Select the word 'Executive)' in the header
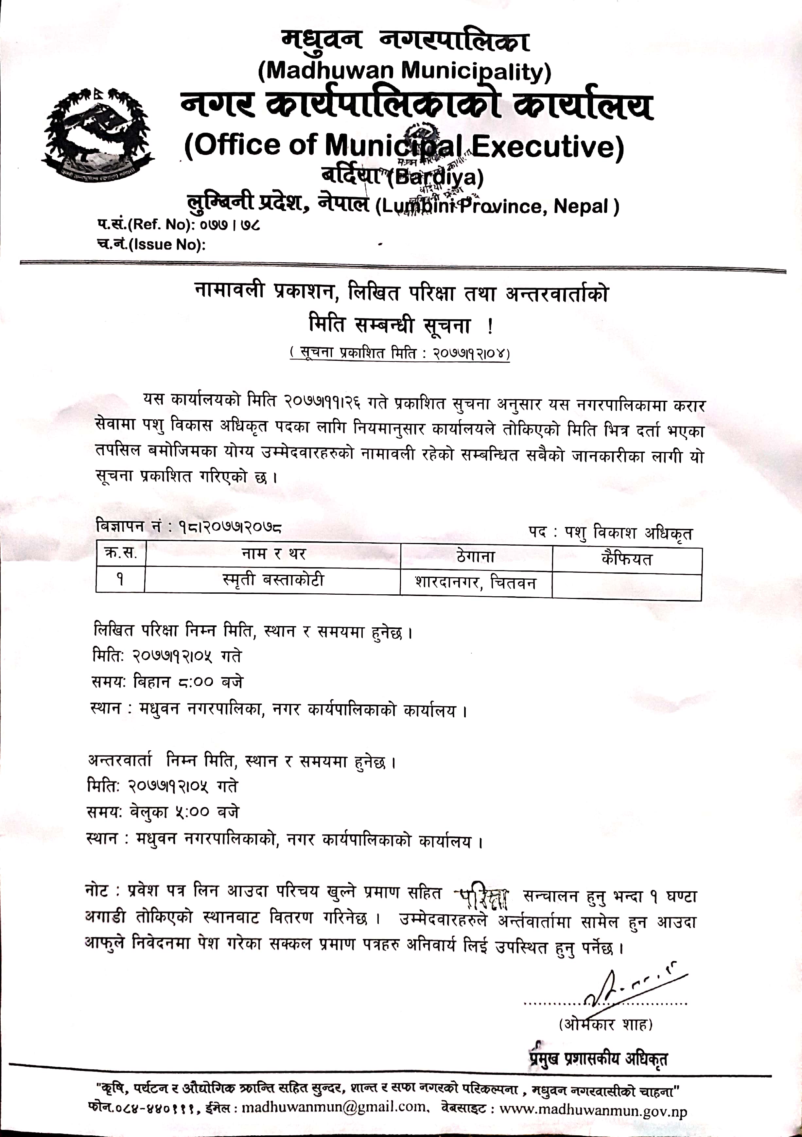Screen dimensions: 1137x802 click(547, 146)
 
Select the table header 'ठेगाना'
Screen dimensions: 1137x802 click(476, 557)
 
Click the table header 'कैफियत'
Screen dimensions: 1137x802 click(627, 560)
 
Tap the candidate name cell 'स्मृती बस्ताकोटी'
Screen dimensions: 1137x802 click(273, 579)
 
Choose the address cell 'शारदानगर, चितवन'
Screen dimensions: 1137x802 click(476, 582)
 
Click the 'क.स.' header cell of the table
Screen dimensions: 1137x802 click(121, 553)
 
